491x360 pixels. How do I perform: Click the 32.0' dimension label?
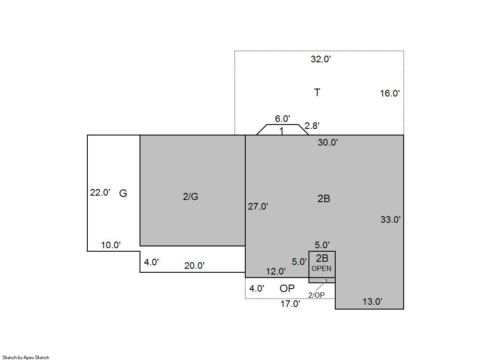click(x=321, y=59)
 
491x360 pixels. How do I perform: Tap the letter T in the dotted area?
click(x=317, y=93)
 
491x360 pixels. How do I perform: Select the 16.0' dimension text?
click(x=390, y=93)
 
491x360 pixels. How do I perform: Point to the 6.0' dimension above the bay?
click(x=283, y=119)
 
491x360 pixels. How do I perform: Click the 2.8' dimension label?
click(x=312, y=125)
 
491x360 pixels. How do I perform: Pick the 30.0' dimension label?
click(x=327, y=143)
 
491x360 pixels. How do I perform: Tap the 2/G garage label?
click(x=191, y=196)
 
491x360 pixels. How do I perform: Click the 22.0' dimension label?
click(x=100, y=192)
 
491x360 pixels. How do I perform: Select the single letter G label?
click(x=123, y=193)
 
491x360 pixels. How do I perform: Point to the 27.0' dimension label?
click(x=258, y=206)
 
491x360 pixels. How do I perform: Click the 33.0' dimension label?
click(x=391, y=219)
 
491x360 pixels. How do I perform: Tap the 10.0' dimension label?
click(x=111, y=245)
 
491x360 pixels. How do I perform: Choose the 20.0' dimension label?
click(x=194, y=265)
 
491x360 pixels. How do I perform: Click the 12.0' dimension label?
click(x=276, y=271)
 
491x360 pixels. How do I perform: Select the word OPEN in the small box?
click(x=321, y=269)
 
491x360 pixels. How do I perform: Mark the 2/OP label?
click(x=316, y=295)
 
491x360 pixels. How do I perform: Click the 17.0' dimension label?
click(x=290, y=303)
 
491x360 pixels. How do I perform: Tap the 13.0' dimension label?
click(x=373, y=301)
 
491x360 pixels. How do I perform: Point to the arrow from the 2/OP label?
click(x=321, y=285)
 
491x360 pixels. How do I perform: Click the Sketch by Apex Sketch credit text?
click(x=26, y=357)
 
